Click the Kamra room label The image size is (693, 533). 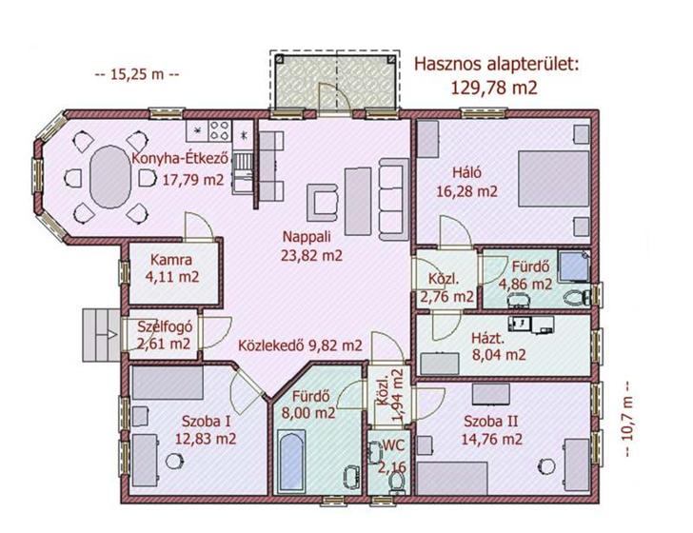coord(171,260)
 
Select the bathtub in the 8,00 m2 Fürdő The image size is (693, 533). coord(292,460)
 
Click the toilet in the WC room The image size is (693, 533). coord(396,484)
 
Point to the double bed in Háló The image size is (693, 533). coord(554,179)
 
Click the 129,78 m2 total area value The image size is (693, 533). coord(494,88)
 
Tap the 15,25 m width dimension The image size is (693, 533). coord(137,74)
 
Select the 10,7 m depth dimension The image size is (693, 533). coord(627,419)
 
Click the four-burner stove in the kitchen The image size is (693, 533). coord(220,130)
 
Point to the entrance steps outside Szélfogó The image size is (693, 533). coord(102,335)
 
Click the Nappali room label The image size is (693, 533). coord(307,237)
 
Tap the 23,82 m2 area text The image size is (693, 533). coord(311,255)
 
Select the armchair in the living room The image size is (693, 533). coord(322,203)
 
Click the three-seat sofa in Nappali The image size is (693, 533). coord(394,199)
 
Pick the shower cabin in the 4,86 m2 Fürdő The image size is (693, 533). coord(574,266)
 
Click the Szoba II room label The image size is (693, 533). coord(490,421)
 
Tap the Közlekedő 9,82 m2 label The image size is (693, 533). coord(300,345)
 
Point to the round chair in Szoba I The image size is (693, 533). coord(174,462)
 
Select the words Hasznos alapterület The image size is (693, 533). coord(496,64)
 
